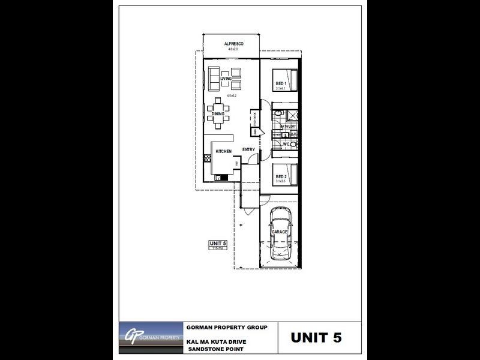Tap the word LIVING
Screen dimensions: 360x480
point(226,79)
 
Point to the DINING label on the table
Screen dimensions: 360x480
point(218,114)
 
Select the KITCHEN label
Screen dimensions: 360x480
point(224,152)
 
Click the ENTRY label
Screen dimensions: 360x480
point(249,149)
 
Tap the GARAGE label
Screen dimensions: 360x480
point(280,231)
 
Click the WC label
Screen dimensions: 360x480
point(287,144)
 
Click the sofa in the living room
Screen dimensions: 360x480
point(214,78)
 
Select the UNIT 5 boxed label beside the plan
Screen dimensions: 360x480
point(216,242)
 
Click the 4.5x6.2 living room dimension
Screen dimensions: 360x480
point(232,95)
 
